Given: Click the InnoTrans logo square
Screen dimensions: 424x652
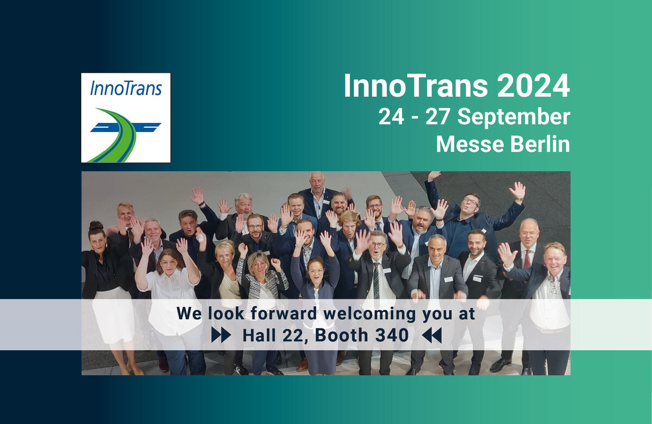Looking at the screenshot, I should click(126, 117).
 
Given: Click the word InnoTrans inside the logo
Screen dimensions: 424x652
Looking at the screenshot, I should click(126, 88).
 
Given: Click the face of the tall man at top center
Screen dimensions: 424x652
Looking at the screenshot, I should click(317, 182).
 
